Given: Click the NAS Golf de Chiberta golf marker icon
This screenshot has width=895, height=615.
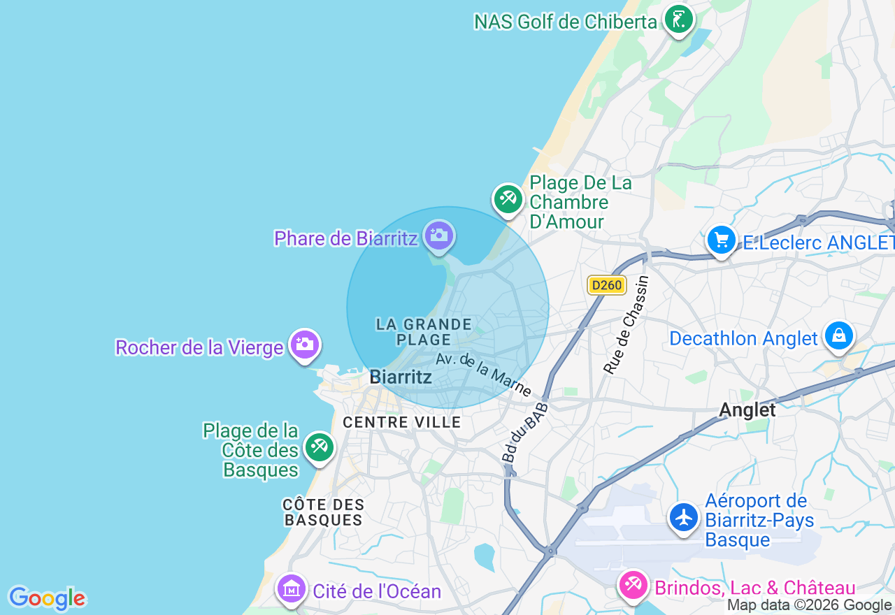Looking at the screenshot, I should click(x=678, y=19).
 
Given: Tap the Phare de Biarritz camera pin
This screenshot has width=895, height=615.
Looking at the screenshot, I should click(x=439, y=236).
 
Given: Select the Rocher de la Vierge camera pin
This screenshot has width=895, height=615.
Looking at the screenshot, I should click(x=304, y=345).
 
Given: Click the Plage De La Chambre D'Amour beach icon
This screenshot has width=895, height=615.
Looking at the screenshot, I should click(x=508, y=199).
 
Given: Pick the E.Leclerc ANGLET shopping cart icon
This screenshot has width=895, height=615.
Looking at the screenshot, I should click(x=722, y=240).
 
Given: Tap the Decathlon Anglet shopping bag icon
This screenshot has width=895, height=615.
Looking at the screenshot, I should click(x=838, y=336).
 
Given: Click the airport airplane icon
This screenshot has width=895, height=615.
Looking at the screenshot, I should click(x=683, y=518).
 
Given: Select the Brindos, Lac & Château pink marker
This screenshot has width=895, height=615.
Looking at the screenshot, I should click(x=633, y=584).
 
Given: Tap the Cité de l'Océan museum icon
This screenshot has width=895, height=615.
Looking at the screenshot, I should click(x=292, y=589).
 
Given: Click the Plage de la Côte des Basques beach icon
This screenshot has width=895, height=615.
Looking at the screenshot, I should click(x=320, y=446).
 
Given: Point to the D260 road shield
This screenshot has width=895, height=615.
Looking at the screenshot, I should click(x=606, y=285).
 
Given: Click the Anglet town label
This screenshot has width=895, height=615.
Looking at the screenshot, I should click(x=747, y=410).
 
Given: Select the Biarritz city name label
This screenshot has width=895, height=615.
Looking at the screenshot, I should click(x=401, y=377).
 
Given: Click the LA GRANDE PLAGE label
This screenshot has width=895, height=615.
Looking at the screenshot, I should click(x=424, y=332).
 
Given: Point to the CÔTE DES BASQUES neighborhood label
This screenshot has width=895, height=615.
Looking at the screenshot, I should click(x=324, y=512).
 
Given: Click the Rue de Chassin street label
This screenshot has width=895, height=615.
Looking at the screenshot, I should click(x=626, y=325).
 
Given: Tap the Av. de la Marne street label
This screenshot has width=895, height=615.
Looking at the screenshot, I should click(x=483, y=375).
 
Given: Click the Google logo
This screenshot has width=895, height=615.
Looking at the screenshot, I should click(x=47, y=599).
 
